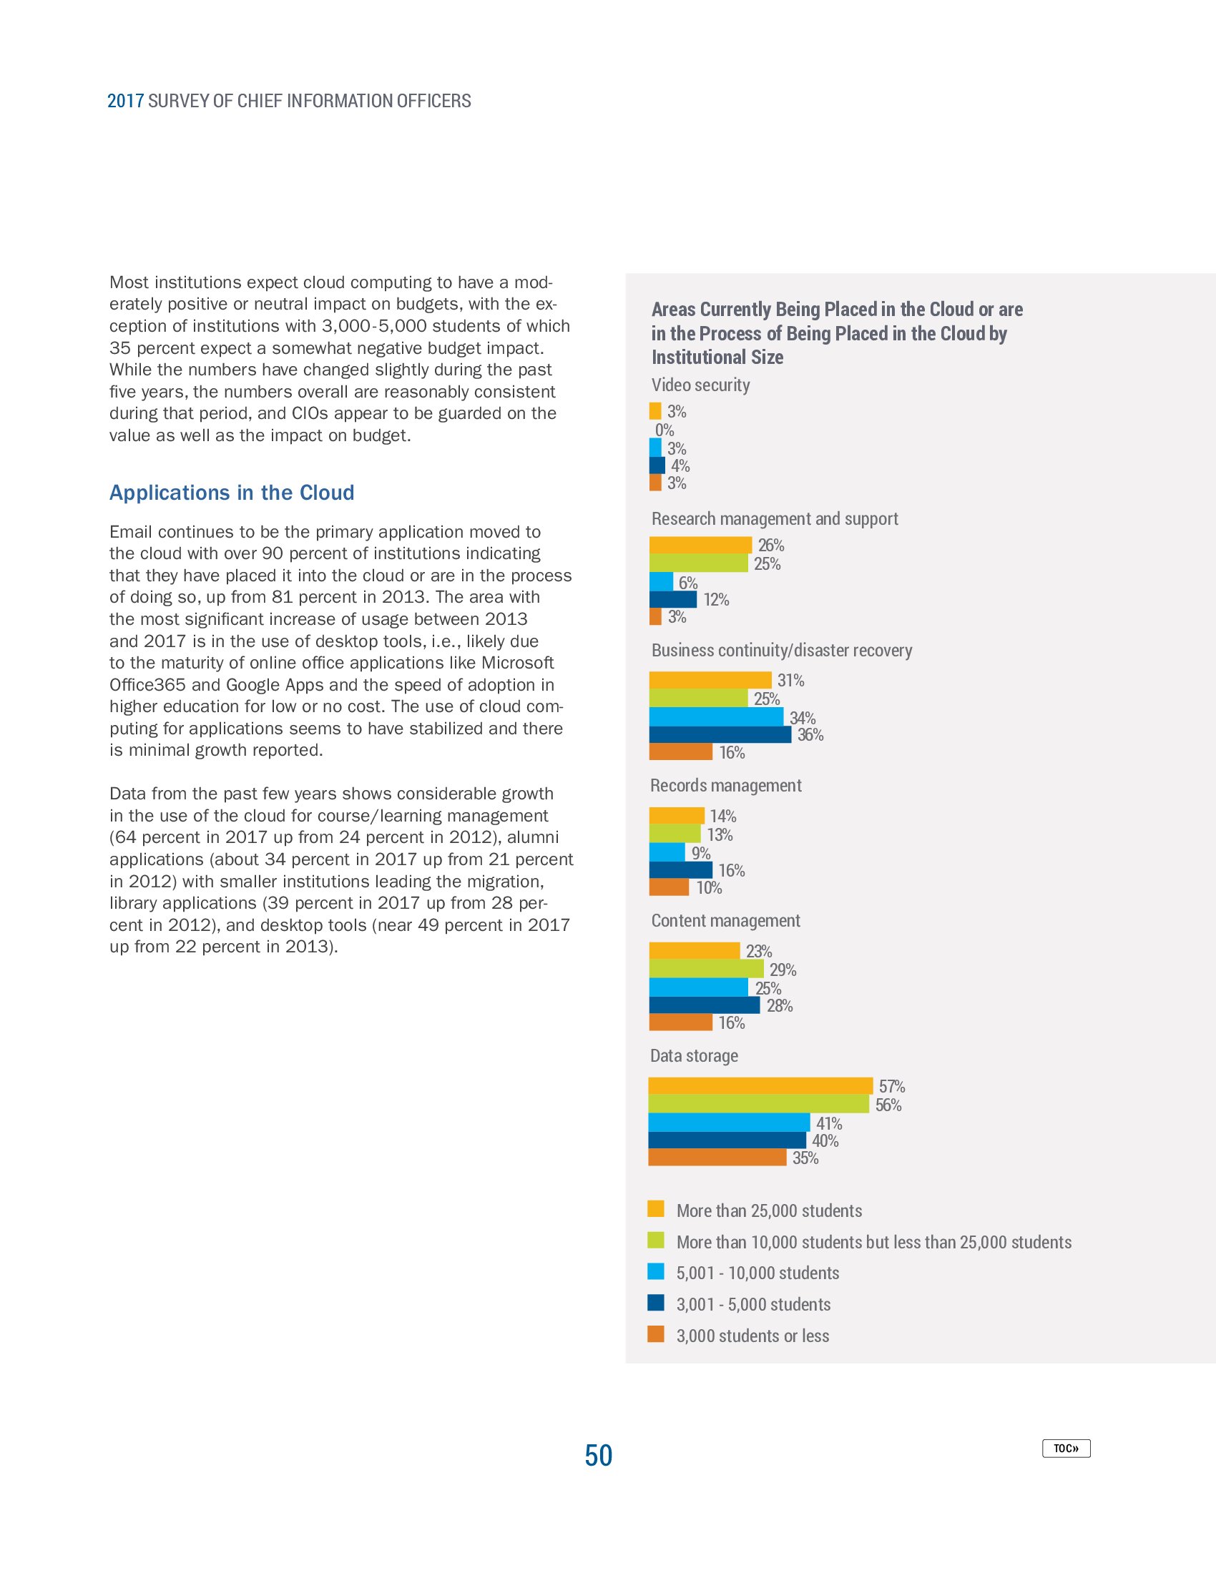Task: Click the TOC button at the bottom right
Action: point(1066,1448)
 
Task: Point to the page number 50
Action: point(598,1455)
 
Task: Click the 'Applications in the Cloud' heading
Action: point(231,493)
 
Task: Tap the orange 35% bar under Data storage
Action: point(717,1158)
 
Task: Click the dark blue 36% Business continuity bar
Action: point(720,734)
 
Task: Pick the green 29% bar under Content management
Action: point(706,969)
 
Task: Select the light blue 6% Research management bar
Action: point(661,581)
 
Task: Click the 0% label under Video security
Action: point(665,430)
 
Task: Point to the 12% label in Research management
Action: point(716,599)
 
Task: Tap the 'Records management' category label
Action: point(725,785)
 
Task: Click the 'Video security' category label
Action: point(700,385)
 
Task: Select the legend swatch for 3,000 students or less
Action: point(655,1334)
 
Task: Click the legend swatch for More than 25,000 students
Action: point(655,1208)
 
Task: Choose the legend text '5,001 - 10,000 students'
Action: point(757,1273)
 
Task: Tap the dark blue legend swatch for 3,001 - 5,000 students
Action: point(655,1302)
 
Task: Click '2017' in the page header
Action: point(125,101)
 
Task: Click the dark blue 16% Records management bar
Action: point(680,869)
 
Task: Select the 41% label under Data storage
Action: point(828,1123)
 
